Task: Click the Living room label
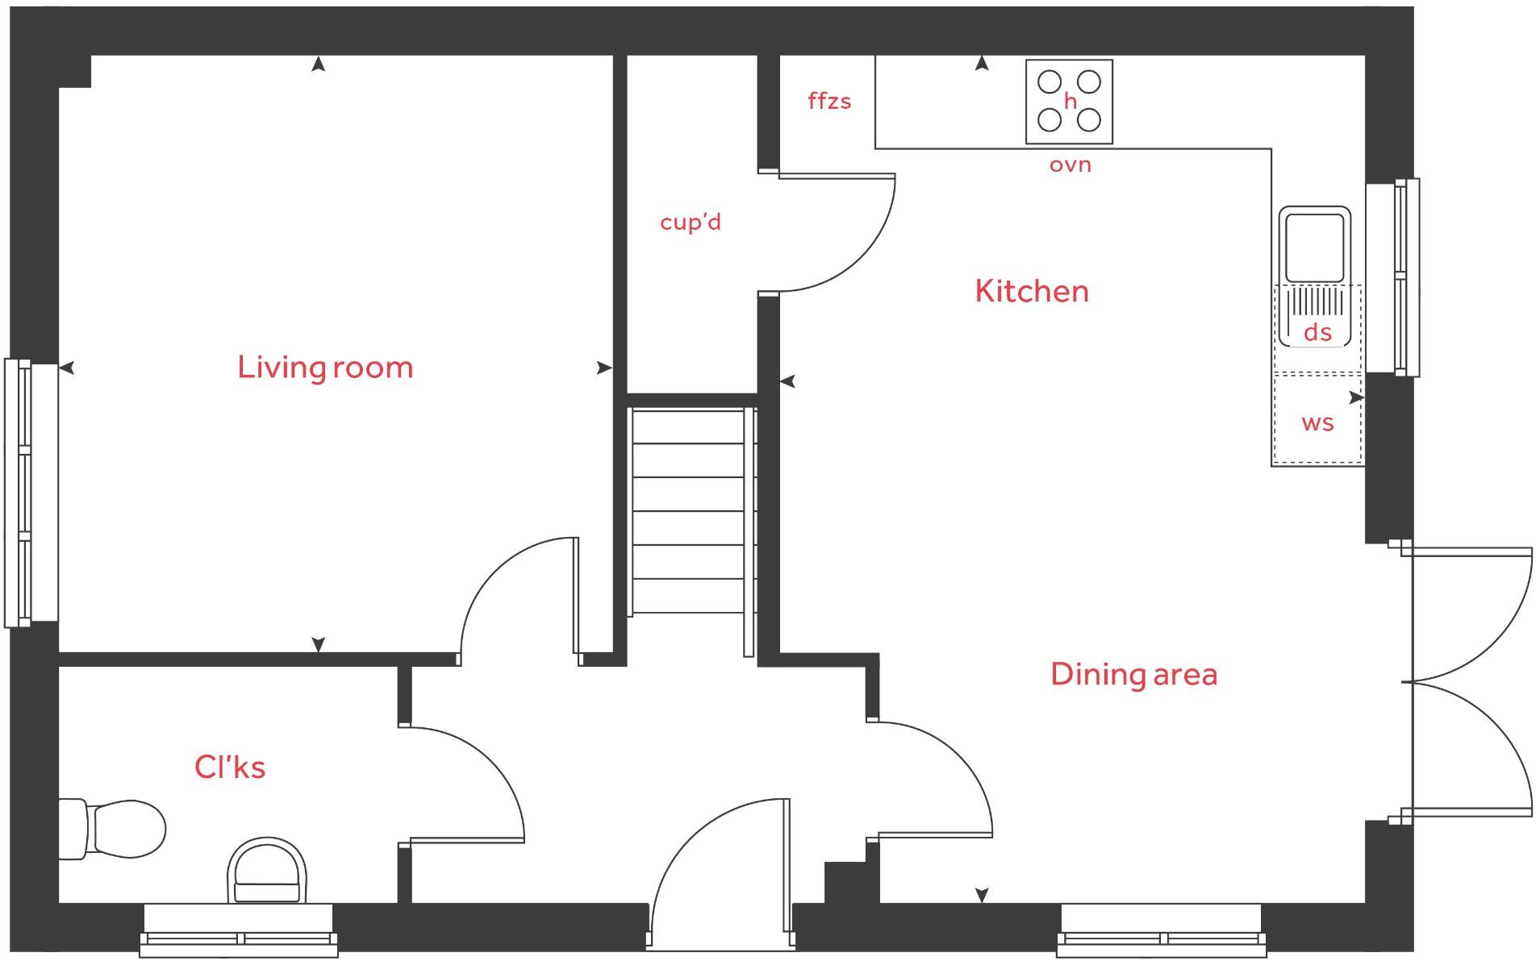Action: click(325, 368)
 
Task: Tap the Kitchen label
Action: click(1031, 291)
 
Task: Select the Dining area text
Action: click(1133, 674)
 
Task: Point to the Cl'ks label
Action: click(230, 767)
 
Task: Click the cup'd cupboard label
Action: click(691, 222)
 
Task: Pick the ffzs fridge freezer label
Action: click(829, 102)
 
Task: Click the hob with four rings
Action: click(1069, 102)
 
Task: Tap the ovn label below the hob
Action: click(1070, 165)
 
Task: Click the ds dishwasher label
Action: click(1317, 332)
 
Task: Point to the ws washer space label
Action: click(1317, 422)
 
